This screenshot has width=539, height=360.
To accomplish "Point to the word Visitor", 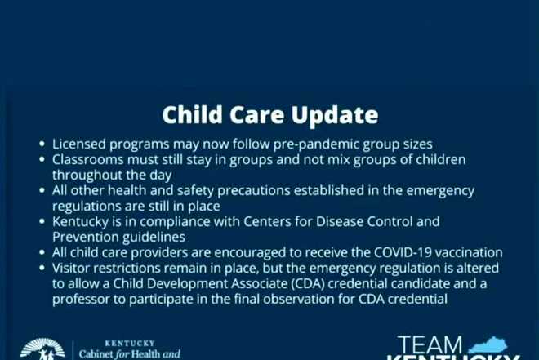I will (74, 268).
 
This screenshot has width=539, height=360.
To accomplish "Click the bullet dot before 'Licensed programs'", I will (42, 144).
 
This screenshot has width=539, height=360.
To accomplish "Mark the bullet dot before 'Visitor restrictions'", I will (42, 269).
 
